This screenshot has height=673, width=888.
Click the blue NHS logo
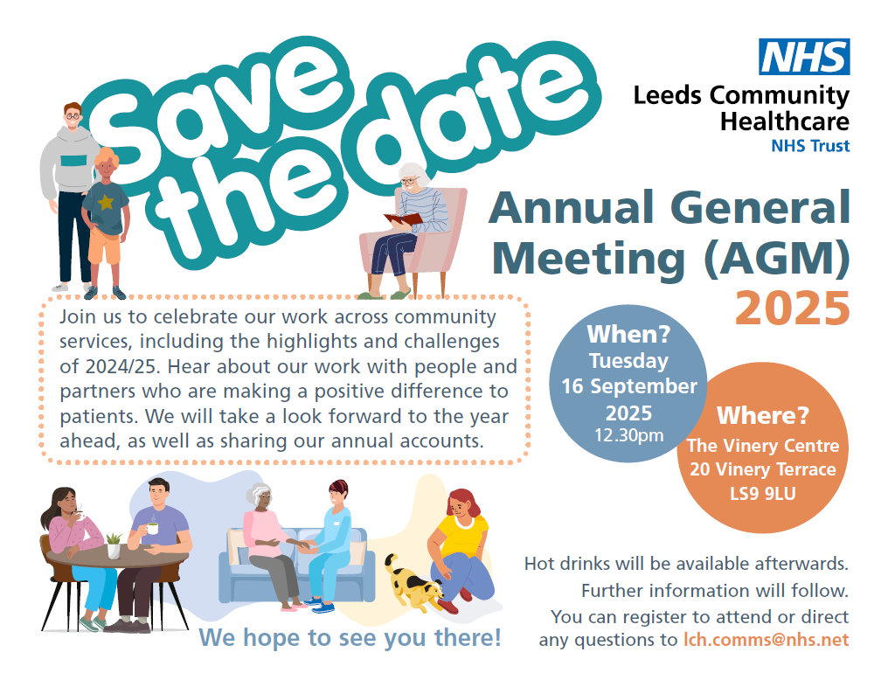coord(804,57)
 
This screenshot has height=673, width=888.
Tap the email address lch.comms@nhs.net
coord(767,640)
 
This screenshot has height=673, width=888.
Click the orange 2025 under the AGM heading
coord(792,309)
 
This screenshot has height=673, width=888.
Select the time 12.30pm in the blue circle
coord(628,435)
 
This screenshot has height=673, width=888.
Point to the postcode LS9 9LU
coord(763,494)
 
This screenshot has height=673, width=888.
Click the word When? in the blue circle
coord(628,334)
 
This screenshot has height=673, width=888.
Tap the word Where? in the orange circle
coord(763,416)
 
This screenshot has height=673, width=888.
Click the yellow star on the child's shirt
coord(106,202)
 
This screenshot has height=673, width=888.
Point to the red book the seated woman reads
coord(403,219)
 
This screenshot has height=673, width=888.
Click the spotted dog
coord(413,584)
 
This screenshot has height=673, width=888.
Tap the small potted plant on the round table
coord(114,545)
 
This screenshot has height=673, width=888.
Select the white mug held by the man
coord(152,528)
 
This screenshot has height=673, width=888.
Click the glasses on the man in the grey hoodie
coord(73,117)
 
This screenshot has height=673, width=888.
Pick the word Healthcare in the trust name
coord(784,121)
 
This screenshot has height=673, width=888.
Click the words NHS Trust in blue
coord(810,146)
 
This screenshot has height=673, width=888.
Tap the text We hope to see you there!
coord(350,638)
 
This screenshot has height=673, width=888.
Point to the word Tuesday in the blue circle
coord(628,361)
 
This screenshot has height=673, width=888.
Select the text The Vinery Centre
coord(763,446)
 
